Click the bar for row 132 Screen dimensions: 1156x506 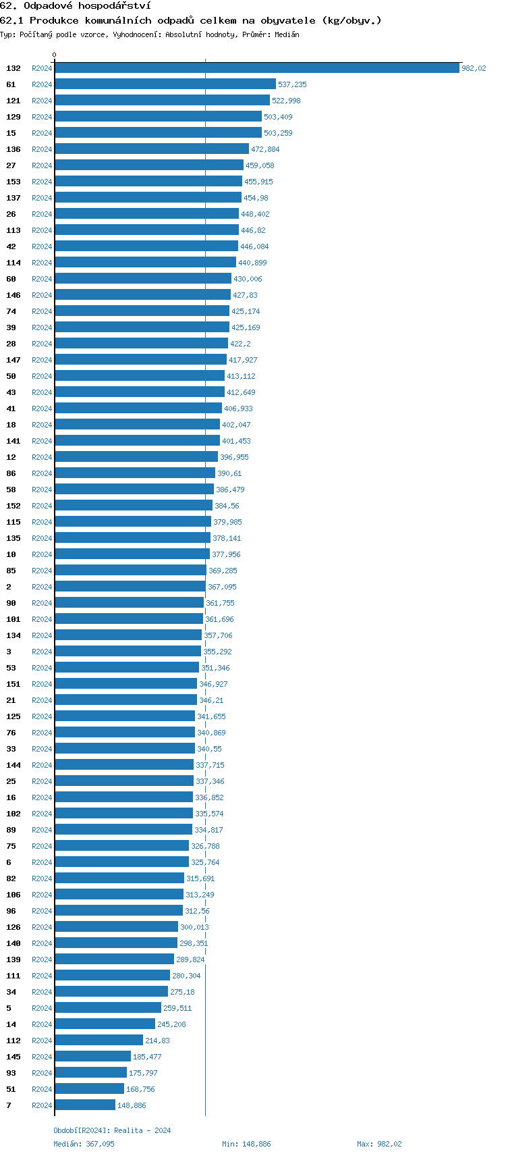[257, 68]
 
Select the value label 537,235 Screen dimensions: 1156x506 [292, 84]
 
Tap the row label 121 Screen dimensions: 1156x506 [13, 101]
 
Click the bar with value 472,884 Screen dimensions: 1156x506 [152, 149]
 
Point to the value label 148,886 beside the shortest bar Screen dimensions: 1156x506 [132, 1105]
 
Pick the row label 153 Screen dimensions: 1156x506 [13, 182]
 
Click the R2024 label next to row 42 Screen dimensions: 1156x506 [42, 246]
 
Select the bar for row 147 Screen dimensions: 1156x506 [140, 360]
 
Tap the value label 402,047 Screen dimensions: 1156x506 [236, 425]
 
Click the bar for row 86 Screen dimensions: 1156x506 [135, 473]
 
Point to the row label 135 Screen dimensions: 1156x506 [13, 538]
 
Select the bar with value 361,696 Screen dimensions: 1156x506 [129, 619]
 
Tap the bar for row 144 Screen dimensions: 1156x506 [124, 765]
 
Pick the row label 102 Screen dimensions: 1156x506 [13, 814]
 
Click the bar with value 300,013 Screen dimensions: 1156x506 [116, 927]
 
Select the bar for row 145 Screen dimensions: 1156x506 [93, 1057]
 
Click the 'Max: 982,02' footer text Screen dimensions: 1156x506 [379, 1144]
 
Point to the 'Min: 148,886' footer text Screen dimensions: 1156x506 [246, 1144]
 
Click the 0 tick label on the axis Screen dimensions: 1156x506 [55, 55]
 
